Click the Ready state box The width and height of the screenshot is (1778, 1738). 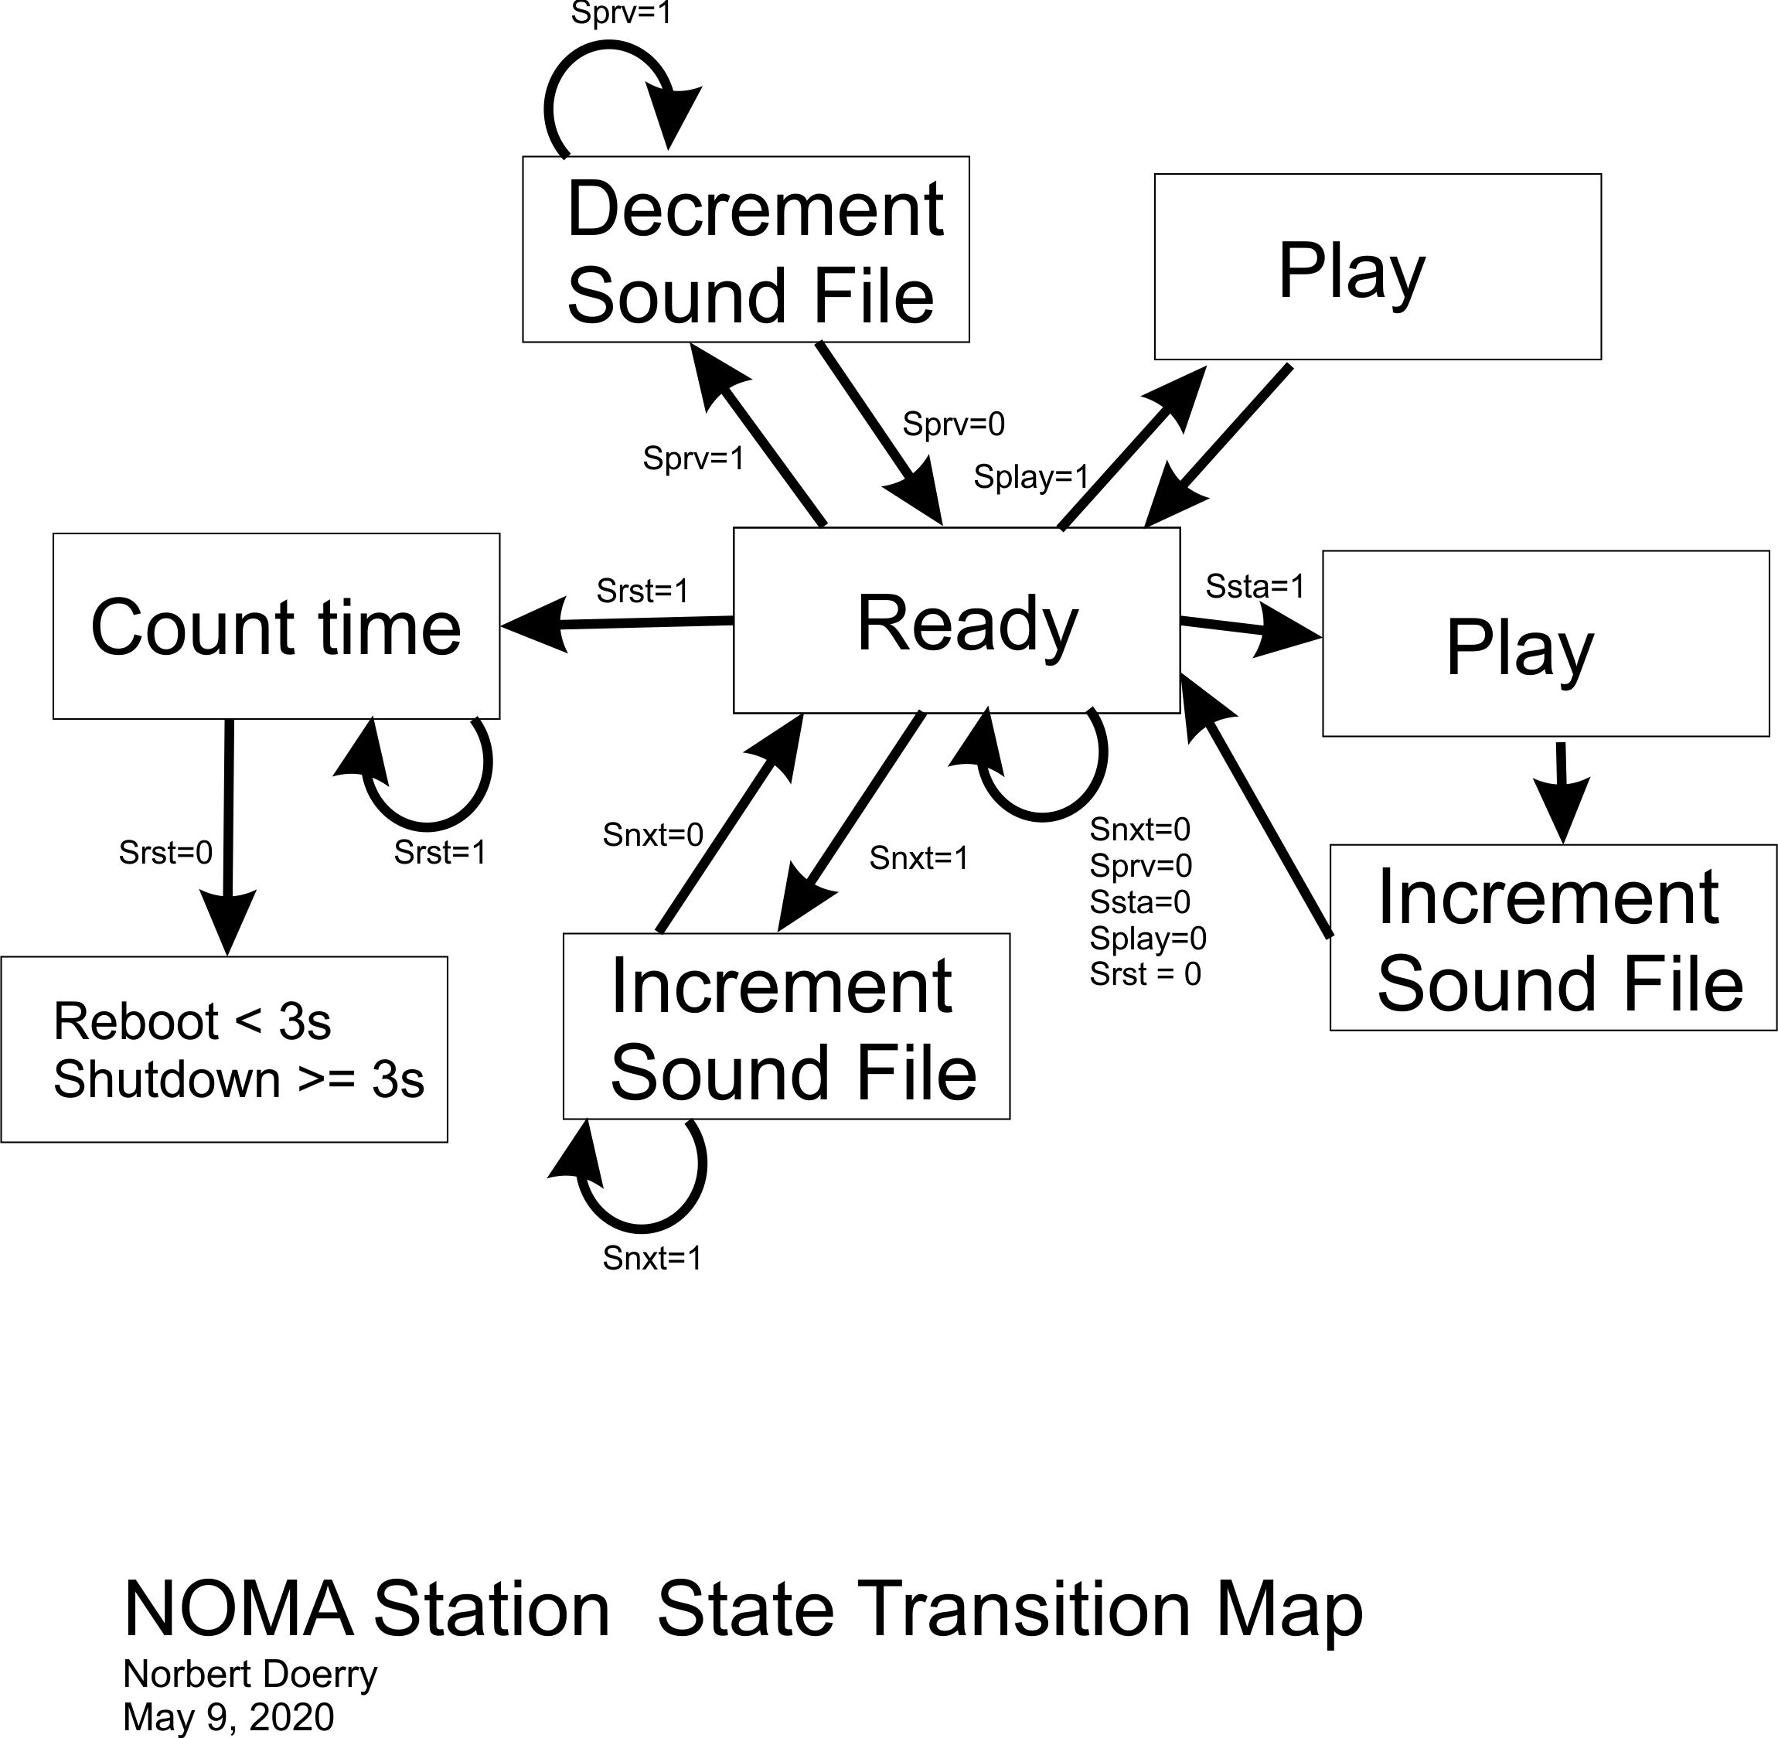956,621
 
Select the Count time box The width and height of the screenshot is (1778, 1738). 276,626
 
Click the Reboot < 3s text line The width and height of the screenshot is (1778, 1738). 192,1021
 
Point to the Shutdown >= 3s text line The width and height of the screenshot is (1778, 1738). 238,1079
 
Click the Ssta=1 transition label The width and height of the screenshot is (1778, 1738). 1254,586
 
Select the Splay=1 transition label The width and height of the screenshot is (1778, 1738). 1031,476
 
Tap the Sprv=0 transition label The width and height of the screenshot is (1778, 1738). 953,424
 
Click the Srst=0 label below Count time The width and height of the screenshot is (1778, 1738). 165,853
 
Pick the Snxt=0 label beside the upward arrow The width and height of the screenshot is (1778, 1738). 652,834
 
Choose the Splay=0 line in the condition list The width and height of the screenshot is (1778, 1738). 1147,938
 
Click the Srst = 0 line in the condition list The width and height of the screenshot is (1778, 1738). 1145,974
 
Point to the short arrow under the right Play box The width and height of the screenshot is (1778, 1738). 1562,790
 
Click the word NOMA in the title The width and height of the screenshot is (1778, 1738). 238,1608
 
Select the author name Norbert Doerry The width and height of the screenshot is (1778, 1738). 249,1674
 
